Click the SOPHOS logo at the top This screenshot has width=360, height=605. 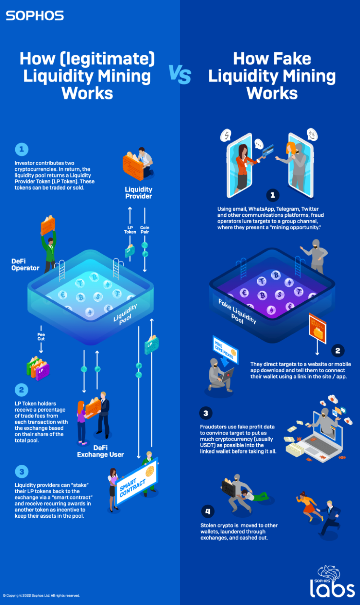click(x=35, y=16)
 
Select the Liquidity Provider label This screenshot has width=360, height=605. click(x=138, y=193)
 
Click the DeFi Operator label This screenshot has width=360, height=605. click(x=25, y=265)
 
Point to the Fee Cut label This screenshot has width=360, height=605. click(x=41, y=337)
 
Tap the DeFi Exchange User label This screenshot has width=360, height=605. click(x=100, y=451)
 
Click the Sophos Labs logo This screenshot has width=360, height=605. click(x=332, y=583)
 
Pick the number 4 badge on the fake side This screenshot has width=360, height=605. click(x=208, y=511)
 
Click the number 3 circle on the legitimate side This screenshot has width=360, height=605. click(x=21, y=471)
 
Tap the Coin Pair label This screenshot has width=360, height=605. click(x=145, y=230)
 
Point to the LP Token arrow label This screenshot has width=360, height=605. click(x=130, y=230)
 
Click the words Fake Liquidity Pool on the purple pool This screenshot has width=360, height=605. click(x=237, y=311)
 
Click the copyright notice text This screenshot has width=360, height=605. click(x=41, y=595)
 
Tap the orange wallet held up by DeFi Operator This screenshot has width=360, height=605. click(x=48, y=224)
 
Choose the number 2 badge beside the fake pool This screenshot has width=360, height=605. click(x=338, y=351)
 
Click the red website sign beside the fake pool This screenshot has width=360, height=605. click(x=318, y=328)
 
